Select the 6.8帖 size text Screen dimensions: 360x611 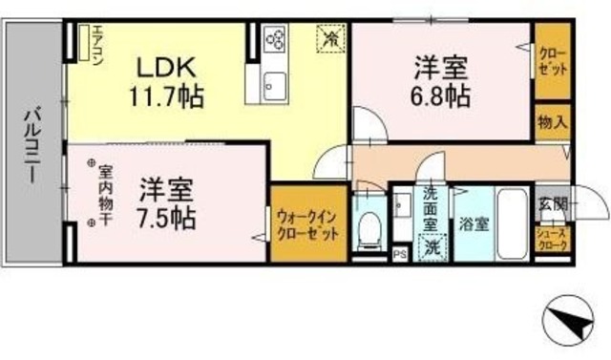coord(440,95)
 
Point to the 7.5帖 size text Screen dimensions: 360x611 coord(166,216)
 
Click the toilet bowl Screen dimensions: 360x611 coord(369,227)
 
